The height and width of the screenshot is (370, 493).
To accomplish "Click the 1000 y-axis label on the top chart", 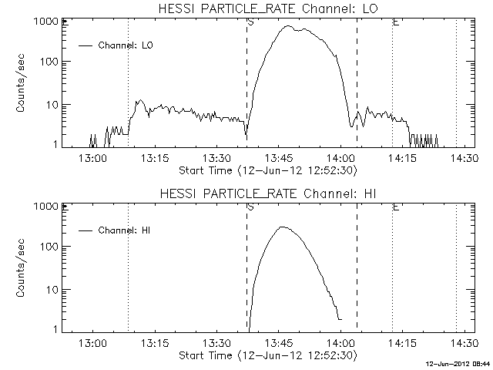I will (x=44, y=22).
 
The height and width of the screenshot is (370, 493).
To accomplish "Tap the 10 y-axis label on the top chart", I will (x=50, y=105).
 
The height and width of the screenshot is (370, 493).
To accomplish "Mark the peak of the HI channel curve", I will (x=282, y=227).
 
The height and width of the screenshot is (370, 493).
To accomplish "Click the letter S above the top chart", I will (x=250, y=22).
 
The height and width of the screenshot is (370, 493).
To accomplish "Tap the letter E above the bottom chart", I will (x=395, y=207).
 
